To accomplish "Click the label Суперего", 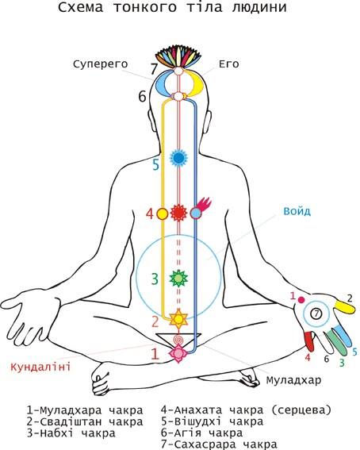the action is (x=101, y=64).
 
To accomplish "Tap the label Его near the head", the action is (x=229, y=63).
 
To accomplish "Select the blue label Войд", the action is (x=297, y=211).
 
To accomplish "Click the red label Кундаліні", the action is (x=40, y=367).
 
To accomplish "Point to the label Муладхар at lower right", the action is (x=293, y=380).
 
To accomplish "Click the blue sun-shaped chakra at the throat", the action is (x=178, y=158).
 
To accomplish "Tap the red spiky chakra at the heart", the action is (x=179, y=213).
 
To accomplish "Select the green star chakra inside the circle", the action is (x=178, y=278).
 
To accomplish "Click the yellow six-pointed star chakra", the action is (x=178, y=318).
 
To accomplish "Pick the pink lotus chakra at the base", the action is (x=178, y=353).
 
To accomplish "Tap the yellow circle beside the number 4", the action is (x=163, y=213).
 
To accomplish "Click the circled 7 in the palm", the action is (x=316, y=313).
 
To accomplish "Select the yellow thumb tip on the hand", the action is (x=345, y=307).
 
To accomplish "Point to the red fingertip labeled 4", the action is (x=309, y=341).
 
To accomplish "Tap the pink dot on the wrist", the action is (x=301, y=300).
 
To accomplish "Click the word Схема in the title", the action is (x=81, y=7).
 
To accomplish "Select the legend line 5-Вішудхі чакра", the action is (x=212, y=421).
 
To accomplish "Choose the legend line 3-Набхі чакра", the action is (x=71, y=433).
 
